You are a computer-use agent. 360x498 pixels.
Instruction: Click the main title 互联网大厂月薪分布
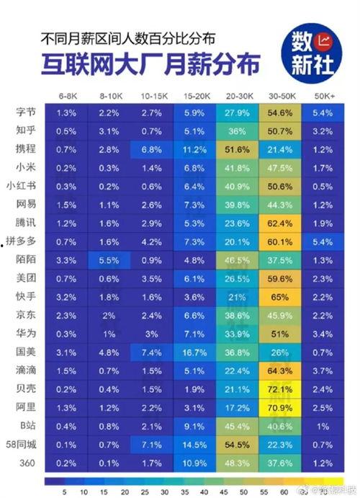(x=148, y=65)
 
